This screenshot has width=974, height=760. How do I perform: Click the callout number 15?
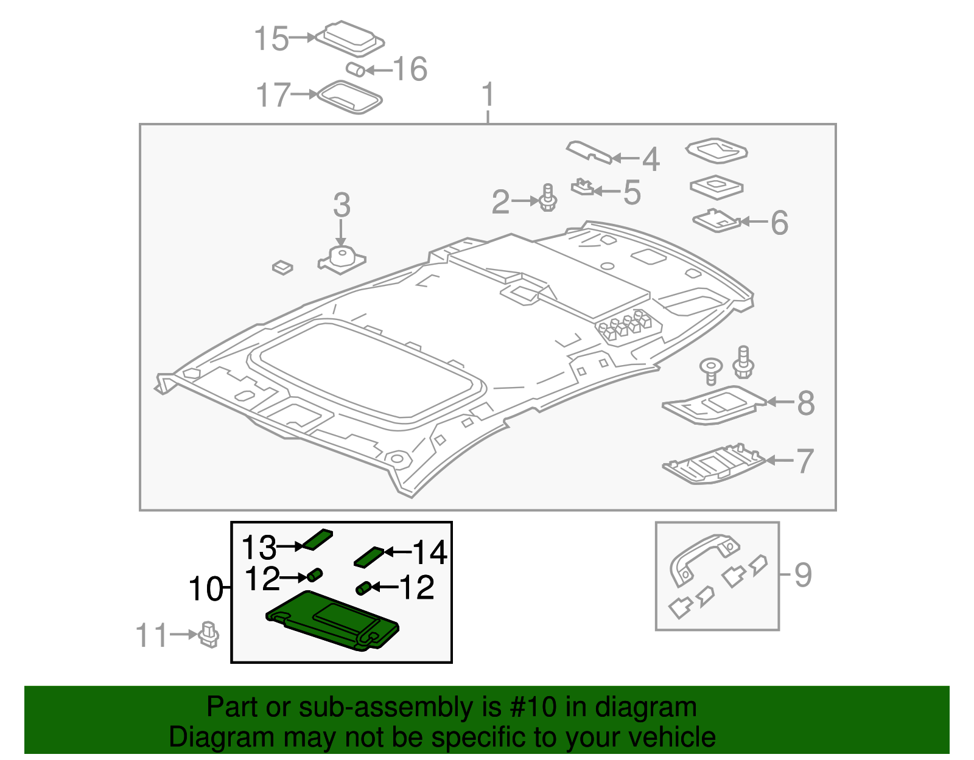coord(271,39)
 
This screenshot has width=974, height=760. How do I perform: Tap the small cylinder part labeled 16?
coord(356,69)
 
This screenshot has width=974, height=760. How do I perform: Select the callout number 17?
coord(273,95)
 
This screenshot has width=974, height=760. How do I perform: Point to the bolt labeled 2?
coord(548,198)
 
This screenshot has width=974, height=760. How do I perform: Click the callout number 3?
coord(342,205)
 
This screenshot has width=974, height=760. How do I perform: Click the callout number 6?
coord(779,223)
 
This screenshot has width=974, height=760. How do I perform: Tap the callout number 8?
coord(805,403)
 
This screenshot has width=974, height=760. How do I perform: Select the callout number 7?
coord(805,461)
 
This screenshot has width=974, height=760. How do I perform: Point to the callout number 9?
coord(803,575)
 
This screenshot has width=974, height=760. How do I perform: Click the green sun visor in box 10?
coord(334,621)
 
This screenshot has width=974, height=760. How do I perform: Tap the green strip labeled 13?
coord(318,539)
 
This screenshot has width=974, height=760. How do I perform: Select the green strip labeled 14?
coord(369,556)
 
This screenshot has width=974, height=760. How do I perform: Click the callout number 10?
coord(206,589)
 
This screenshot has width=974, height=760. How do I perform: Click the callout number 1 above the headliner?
coord(488,96)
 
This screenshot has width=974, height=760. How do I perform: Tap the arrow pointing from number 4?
coord(626,158)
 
